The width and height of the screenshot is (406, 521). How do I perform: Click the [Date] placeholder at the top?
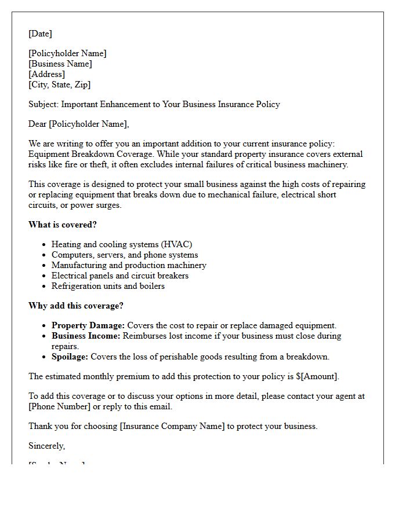(40, 34)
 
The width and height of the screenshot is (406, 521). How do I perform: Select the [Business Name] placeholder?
(60, 64)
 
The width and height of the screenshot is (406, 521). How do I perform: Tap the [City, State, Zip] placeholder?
(59, 85)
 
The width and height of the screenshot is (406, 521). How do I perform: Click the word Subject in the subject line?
(43, 104)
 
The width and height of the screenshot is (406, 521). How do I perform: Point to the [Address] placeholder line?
(46, 74)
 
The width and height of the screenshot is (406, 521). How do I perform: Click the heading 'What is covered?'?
(63, 225)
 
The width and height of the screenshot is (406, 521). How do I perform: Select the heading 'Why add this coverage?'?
(76, 306)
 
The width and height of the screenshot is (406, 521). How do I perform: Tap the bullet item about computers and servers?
(125, 255)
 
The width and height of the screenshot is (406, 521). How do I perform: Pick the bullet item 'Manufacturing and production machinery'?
(129, 265)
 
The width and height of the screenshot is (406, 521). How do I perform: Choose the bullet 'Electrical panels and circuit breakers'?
(120, 276)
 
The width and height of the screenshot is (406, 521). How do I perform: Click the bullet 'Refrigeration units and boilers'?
(108, 286)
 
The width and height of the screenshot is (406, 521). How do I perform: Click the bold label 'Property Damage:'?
(88, 325)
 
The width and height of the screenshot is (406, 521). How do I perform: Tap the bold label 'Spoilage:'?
(70, 357)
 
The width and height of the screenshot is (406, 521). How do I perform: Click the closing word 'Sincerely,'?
(47, 446)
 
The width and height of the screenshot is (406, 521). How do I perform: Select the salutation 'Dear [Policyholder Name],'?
(79, 124)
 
